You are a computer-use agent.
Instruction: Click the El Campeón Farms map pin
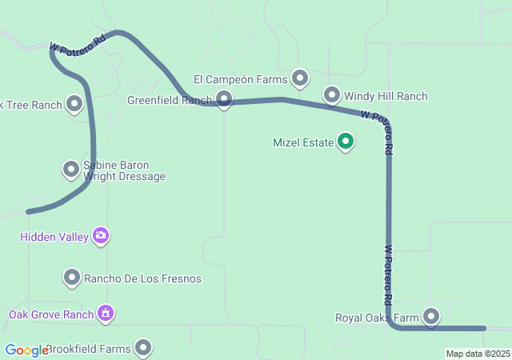click(300, 78)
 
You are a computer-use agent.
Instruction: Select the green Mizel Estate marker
click(346, 142)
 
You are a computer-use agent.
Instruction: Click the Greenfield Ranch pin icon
click(224, 99)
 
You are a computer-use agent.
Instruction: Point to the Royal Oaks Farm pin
click(432, 316)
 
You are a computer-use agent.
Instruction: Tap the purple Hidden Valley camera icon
click(101, 235)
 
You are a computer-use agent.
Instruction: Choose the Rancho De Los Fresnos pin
click(72, 278)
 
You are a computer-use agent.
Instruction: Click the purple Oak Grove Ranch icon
click(106, 313)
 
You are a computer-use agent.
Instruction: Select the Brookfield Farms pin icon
click(143, 348)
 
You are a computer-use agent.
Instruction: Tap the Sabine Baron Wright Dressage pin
click(71, 169)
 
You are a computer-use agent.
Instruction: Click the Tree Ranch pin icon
click(74, 104)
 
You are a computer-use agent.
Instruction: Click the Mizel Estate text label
click(303, 143)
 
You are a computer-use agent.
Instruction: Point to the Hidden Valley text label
click(54, 237)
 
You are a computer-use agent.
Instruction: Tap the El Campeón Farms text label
click(240, 79)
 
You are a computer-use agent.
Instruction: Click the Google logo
click(26, 350)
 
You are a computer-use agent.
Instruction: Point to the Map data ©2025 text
click(478, 354)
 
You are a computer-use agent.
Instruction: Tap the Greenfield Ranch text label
click(169, 101)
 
